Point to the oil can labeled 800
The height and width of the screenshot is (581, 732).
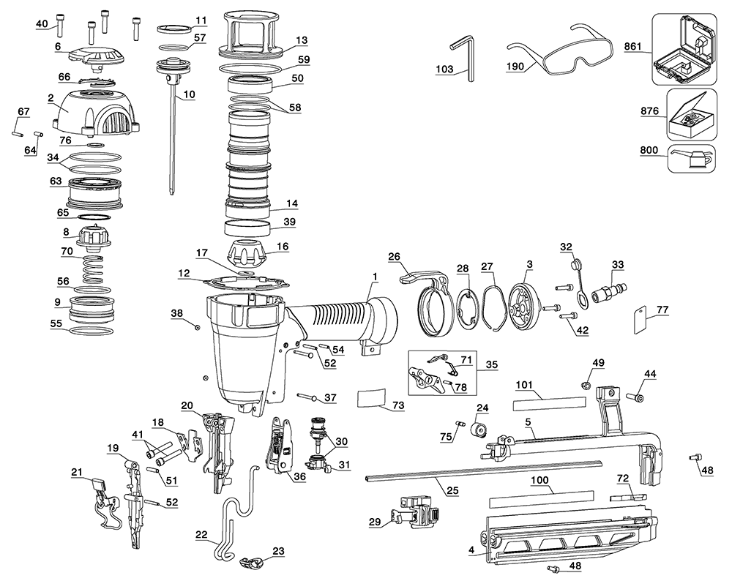pos(691,157)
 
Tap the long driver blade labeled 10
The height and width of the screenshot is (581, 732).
pos(174,132)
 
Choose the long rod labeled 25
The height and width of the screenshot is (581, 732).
pos(483,471)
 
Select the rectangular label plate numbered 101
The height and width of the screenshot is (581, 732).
pos(549,404)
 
